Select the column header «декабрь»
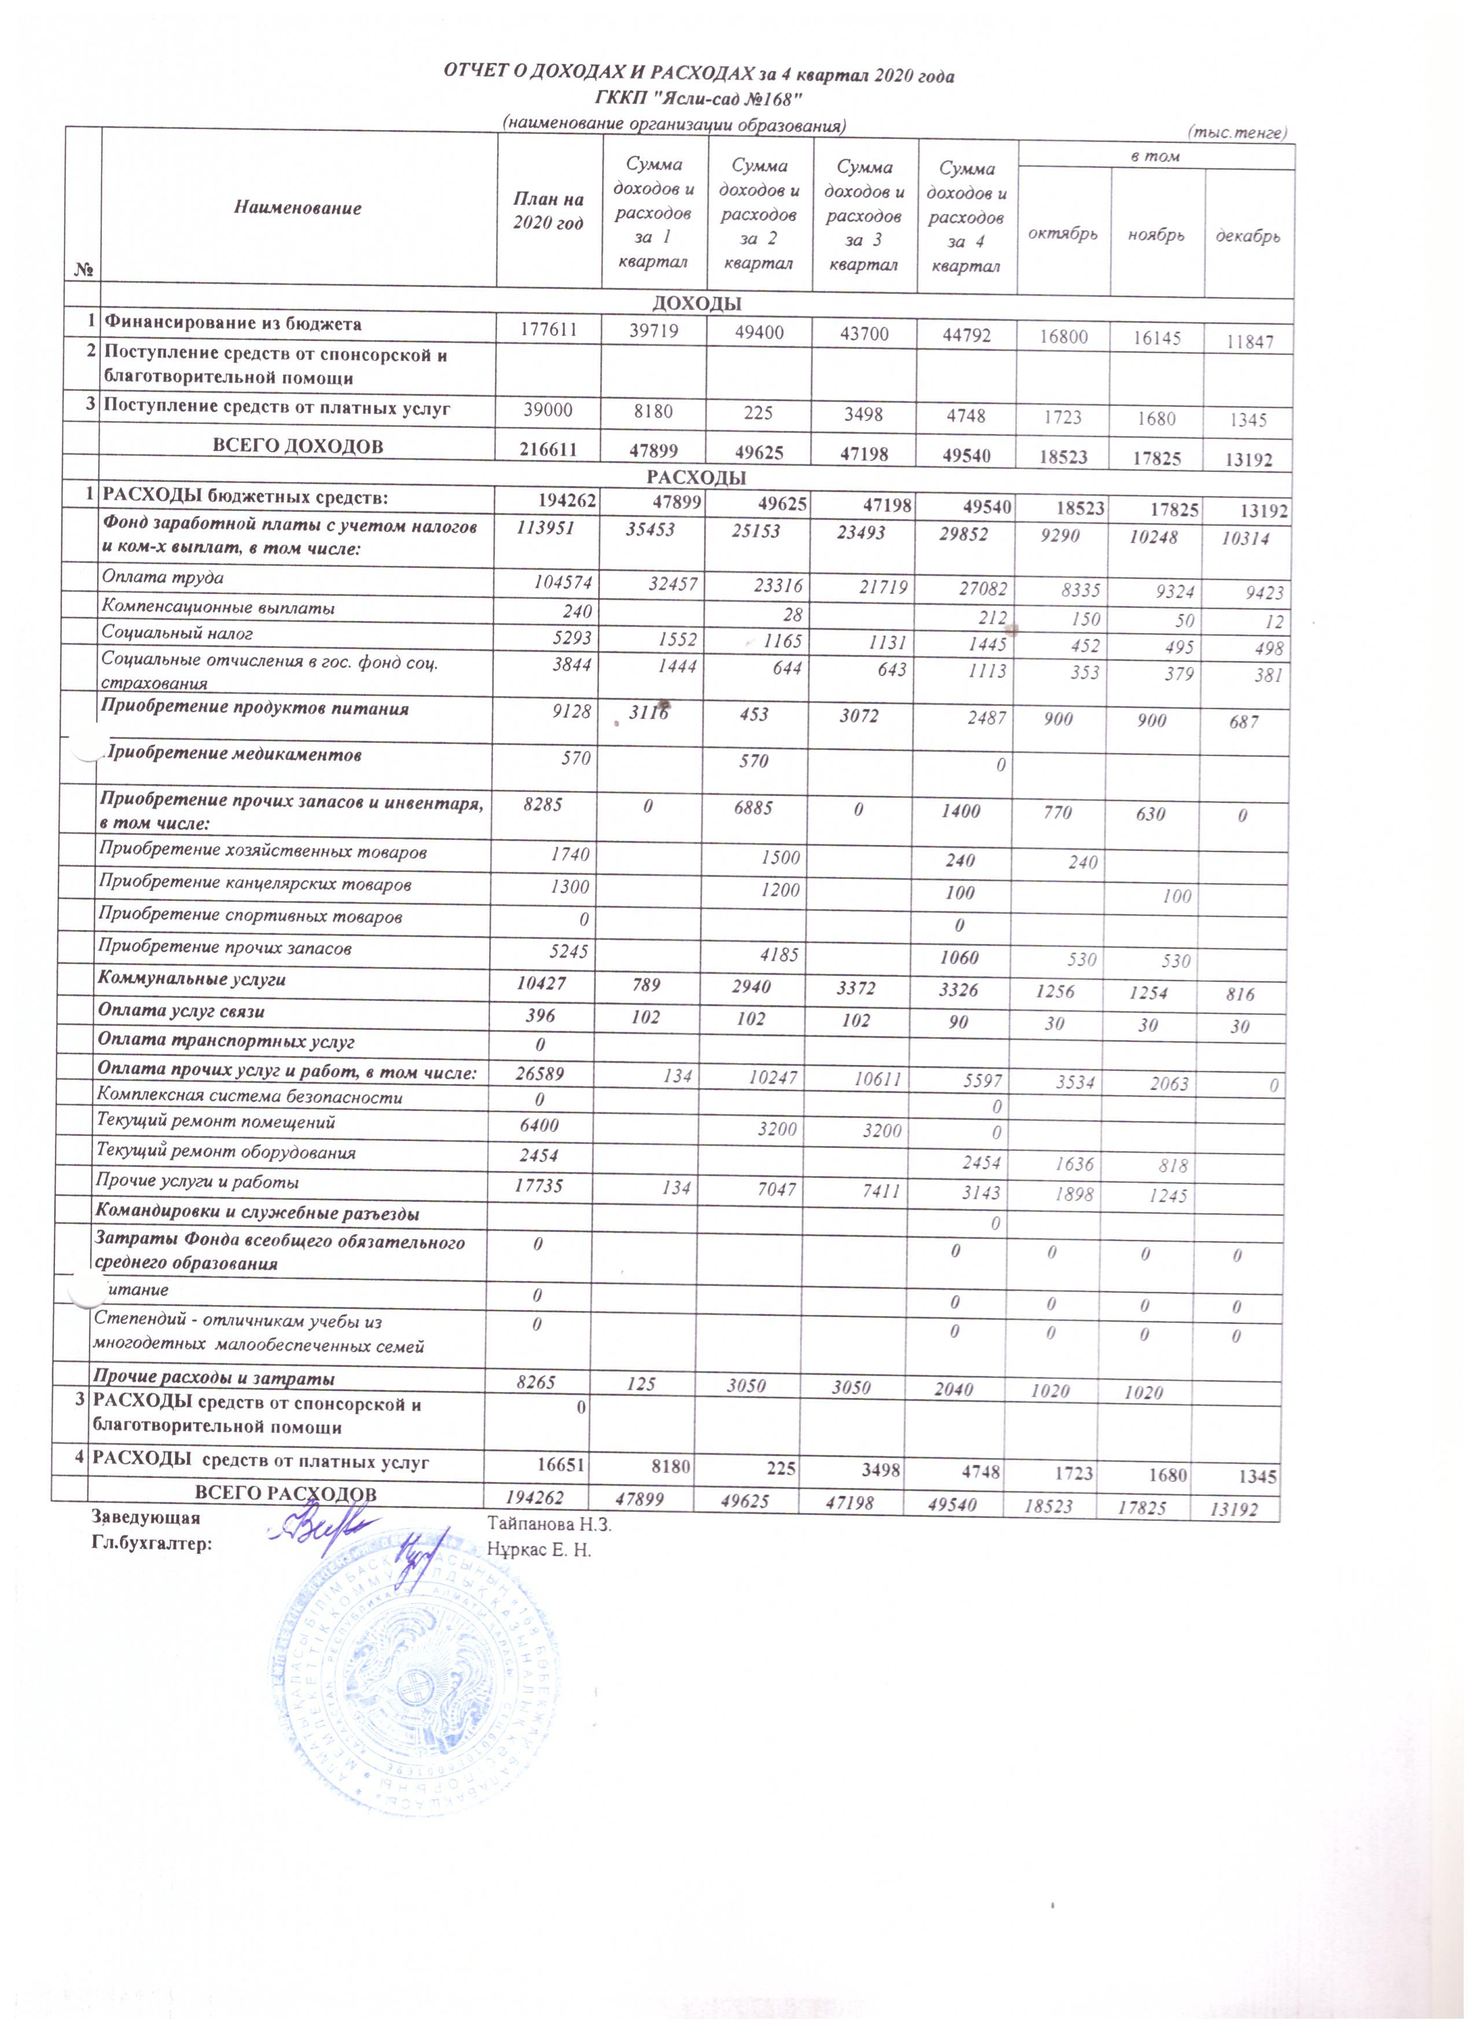tap(1248, 237)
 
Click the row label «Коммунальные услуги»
tap(193, 980)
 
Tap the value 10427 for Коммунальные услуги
tap(539, 985)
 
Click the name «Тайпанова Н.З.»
tap(549, 1523)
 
